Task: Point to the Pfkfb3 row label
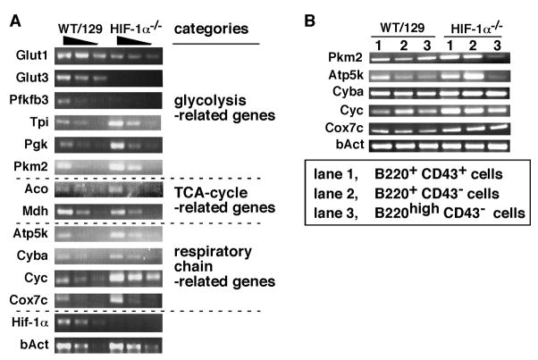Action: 26,100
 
